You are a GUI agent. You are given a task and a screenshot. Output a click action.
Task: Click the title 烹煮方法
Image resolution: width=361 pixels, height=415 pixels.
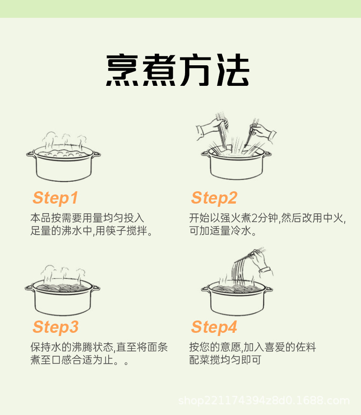coord(178,71)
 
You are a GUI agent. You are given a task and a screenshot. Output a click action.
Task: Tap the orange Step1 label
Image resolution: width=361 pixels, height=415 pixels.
coord(55,198)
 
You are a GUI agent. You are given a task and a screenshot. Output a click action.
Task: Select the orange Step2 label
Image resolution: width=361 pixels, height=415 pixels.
coord(214,198)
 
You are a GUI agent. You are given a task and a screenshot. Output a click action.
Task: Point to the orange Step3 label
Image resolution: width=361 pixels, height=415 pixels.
coord(55,327)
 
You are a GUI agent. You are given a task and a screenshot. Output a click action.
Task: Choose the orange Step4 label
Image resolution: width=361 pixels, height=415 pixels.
coord(214,327)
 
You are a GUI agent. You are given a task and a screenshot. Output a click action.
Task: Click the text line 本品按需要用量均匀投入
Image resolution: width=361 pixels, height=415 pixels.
coord(87,218)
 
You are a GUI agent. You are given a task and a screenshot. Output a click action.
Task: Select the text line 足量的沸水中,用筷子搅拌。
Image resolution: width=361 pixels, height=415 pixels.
coord(91,231)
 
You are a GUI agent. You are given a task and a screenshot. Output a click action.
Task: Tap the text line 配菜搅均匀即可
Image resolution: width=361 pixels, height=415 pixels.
coord(225,360)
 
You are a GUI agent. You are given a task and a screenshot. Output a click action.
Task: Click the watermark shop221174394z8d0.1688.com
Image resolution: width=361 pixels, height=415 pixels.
coord(264,401)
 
